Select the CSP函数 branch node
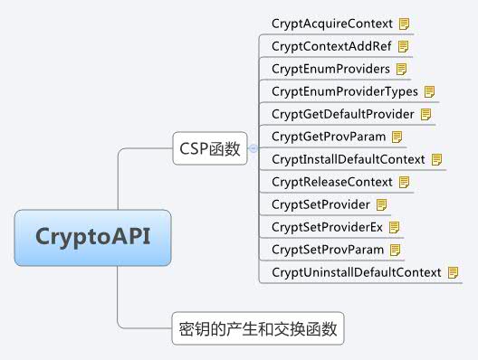[209, 149]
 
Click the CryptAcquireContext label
[332, 23]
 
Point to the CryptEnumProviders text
[330, 68]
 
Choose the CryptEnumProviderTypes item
[344, 91]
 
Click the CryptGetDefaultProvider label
[342, 114]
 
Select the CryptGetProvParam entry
[329, 137]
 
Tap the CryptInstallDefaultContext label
[348, 159]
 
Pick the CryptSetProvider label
[320, 204]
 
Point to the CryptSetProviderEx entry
[327, 227]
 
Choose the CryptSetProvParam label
[328, 250]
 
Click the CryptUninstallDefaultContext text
[356, 272]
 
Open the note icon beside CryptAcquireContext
[405, 23]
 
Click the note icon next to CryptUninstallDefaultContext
[454, 272]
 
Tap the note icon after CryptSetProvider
[381, 204]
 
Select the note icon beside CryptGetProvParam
[397, 137]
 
